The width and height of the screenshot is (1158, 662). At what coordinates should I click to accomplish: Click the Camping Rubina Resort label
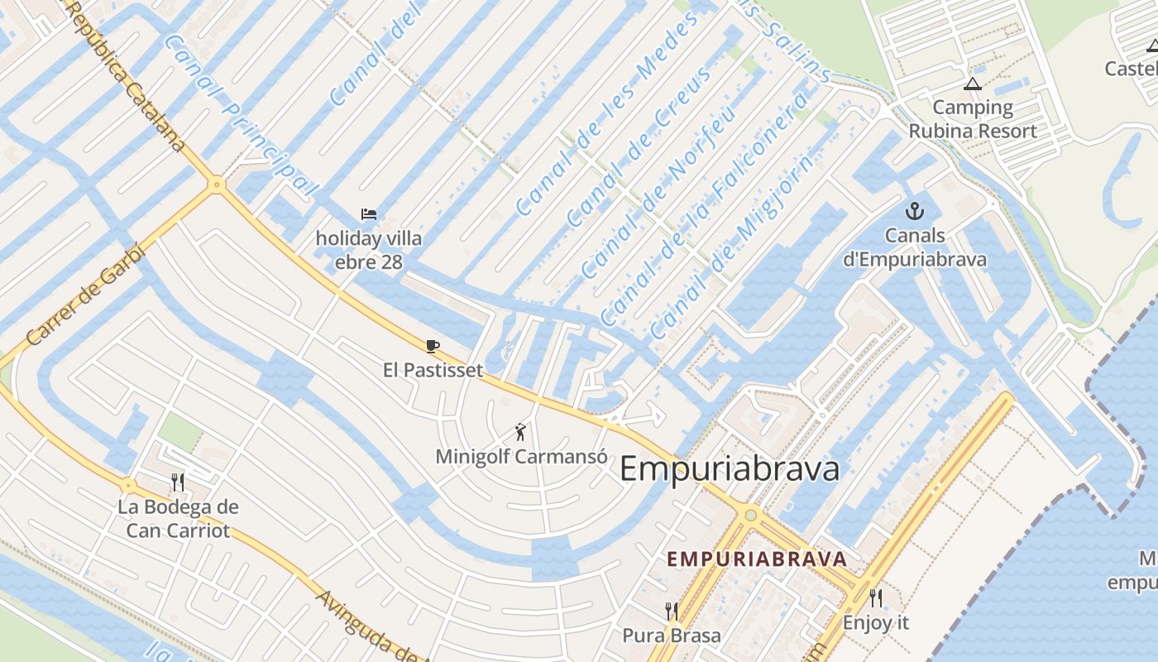[x=972, y=119]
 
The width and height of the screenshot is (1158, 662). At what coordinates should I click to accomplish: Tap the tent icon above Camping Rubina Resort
[x=972, y=84]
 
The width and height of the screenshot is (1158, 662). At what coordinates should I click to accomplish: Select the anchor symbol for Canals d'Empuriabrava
[x=914, y=210]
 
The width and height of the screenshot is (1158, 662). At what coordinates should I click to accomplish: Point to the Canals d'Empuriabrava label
[x=914, y=247]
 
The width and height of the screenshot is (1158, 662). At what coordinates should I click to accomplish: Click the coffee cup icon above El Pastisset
[x=432, y=346]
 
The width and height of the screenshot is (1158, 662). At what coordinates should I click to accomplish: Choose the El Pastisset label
[x=433, y=370]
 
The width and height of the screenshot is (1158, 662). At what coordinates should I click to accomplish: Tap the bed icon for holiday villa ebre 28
[x=369, y=214]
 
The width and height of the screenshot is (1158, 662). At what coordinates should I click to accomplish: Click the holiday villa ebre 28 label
[x=369, y=251]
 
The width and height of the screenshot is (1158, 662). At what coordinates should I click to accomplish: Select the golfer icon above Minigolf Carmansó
[x=520, y=431]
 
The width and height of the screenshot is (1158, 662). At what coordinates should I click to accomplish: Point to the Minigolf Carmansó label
[x=521, y=456]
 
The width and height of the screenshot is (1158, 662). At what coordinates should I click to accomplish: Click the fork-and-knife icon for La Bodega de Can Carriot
[x=177, y=482]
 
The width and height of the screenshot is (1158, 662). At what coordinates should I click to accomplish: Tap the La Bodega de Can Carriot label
[x=178, y=519]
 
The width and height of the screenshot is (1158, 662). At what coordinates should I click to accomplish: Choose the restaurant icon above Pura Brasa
[x=672, y=612]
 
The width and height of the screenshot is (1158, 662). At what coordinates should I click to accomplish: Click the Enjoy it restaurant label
[x=876, y=622]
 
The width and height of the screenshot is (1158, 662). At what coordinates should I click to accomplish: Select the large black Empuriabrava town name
[x=729, y=469]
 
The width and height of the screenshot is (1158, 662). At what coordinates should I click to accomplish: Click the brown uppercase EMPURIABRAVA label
[x=757, y=559]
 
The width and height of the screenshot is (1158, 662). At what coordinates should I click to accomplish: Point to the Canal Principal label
[x=240, y=116]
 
